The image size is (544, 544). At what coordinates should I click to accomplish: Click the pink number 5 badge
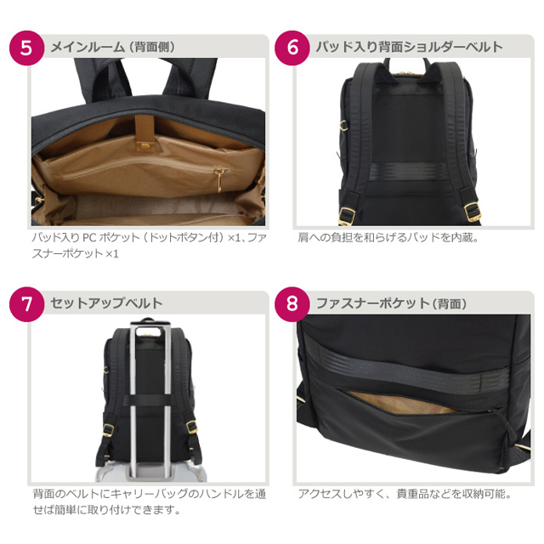click(x=26, y=48)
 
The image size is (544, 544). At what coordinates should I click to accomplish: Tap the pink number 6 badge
click(x=292, y=48)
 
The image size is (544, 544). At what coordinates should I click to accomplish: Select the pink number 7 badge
click(x=26, y=303)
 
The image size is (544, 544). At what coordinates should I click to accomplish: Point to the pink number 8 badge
click(x=292, y=303)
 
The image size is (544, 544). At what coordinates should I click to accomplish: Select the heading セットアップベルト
click(x=106, y=303)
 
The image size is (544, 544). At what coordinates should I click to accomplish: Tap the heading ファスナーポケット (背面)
click(x=391, y=303)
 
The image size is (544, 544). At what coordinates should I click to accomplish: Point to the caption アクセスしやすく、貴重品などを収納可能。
click(x=404, y=493)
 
